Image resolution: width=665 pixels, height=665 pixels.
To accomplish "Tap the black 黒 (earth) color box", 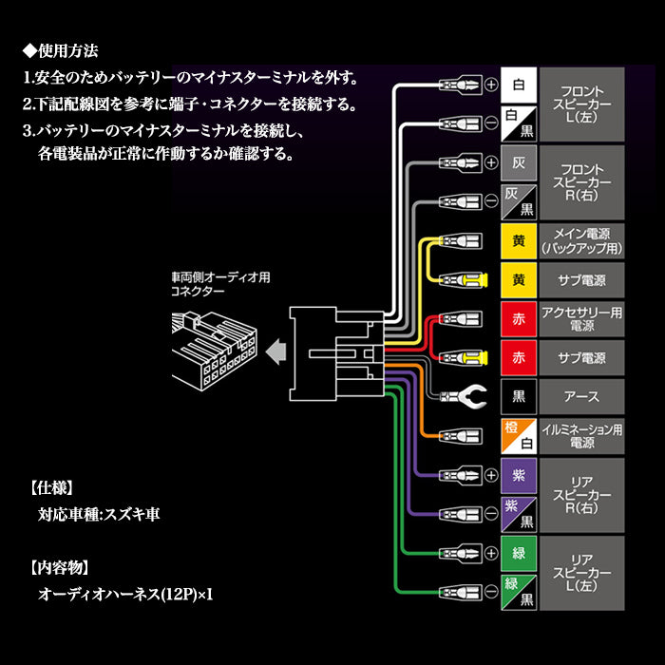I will click(518, 396).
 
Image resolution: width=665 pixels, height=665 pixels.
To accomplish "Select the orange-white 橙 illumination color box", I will click(518, 436).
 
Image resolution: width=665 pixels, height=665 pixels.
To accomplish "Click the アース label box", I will click(582, 396).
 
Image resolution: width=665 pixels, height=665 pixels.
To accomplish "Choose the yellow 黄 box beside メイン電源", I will click(518, 239).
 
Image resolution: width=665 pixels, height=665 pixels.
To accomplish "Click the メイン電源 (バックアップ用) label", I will click(582, 239).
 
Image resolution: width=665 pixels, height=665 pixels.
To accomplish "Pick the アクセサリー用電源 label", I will click(582, 318).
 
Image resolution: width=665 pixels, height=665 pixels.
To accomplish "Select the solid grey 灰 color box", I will click(518, 161).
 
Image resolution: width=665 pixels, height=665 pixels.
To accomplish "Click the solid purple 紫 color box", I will click(518, 474).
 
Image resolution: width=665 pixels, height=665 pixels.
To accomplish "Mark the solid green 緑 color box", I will click(518, 552).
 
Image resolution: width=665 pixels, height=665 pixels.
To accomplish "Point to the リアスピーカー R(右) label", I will click(582, 494).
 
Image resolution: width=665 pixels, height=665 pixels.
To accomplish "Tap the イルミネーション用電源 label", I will click(582, 436).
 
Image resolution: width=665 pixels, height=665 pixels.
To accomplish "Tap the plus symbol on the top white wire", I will click(491, 84).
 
